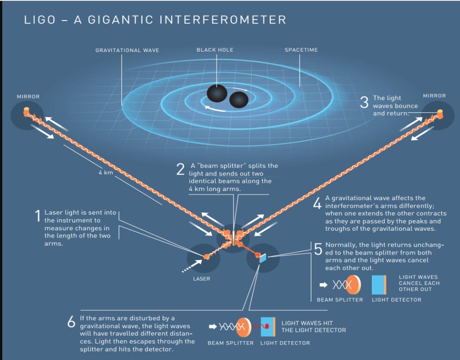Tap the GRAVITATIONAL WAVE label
(x=127, y=50)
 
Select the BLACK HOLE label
(x=215, y=50)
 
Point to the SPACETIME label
(x=301, y=50)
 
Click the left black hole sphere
(x=216, y=93)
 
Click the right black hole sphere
(x=238, y=100)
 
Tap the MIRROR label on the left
(x=28, y=97)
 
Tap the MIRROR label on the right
(x=434, y=96)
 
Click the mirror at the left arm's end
(x=26, y=111)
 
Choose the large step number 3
(x=364, y=102)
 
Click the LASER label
(x=201, y=279)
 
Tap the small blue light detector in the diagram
(x=263, y=258)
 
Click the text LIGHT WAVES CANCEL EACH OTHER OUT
(x=418, y=283)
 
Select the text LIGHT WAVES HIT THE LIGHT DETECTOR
(x=313, y=326)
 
